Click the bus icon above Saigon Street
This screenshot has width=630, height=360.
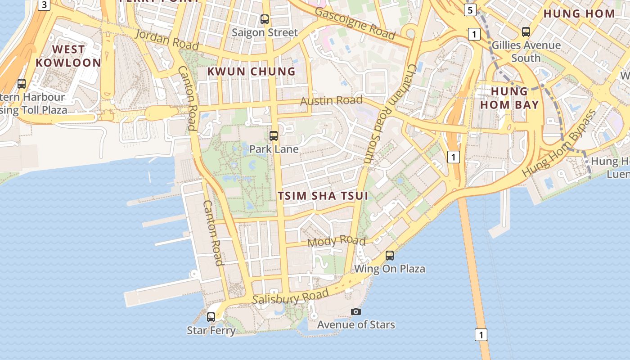pos(265,19)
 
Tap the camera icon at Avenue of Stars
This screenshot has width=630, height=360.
pos(355,311)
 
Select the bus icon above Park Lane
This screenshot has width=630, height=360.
pos(273,135)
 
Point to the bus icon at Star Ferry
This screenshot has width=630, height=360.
pos(211,317)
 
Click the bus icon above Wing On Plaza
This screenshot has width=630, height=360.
pos(390,256)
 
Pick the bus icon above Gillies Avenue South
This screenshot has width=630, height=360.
pos(526,32)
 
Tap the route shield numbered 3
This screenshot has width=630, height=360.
pos(44,5)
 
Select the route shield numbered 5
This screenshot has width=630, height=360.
pos(470,10)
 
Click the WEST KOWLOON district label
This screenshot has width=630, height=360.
pos(68,56)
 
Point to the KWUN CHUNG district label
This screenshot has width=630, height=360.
pos(251,72)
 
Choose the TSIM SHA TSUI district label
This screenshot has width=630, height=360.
pos(323,196)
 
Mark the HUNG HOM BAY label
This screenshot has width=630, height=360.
pos(509,98)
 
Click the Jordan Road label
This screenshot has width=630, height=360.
pos(166,40)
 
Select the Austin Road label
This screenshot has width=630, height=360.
pos(331,100)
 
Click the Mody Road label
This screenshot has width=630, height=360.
pos(336,241)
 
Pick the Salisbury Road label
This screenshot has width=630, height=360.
pos(290,297)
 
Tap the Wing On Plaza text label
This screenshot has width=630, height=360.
pos(390,269)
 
